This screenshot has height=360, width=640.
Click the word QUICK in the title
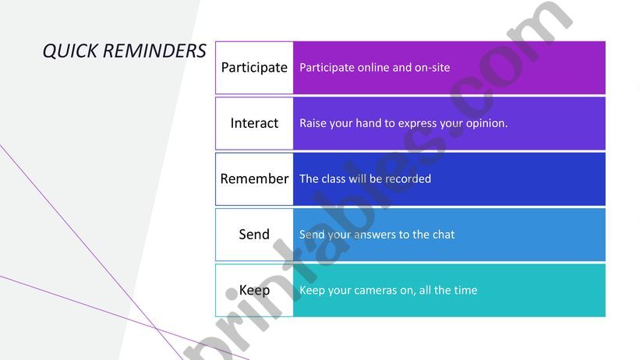[70, 51]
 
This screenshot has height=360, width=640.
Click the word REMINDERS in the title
[154, 51]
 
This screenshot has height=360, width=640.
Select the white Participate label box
[254, 67]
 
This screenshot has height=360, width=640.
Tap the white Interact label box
[254, 123]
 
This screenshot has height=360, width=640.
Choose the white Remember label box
[254, 178]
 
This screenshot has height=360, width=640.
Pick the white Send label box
[254, 235]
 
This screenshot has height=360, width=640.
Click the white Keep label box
[254, 290]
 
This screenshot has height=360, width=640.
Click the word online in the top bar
[373, 67]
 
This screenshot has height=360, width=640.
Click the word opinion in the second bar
[487, 124]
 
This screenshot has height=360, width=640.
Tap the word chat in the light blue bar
[444, 235]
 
